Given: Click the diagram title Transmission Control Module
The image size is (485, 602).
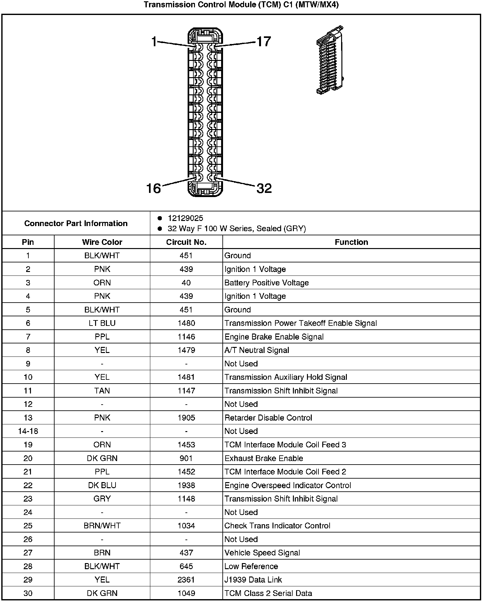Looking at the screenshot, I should tap(241, 5).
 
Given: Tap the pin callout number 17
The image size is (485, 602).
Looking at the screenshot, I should tap(264, 42).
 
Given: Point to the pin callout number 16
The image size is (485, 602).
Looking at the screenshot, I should tap(153, 188).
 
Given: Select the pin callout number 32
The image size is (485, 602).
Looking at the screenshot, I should tap(264, 188).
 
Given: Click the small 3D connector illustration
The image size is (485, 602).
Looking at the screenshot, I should tap(330, 60).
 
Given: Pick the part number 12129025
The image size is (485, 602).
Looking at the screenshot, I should tap(185, 218).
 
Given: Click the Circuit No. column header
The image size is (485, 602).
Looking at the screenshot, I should tap(186, 242).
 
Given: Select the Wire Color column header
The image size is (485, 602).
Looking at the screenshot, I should tap(102, 242).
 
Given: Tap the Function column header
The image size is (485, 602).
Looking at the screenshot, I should tap(351, 242).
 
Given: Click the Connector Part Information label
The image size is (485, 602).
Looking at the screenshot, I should tap(76, 223).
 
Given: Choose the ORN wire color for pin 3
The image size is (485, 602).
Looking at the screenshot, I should tap(102, 283).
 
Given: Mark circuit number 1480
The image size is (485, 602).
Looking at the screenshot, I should tap(186, 323).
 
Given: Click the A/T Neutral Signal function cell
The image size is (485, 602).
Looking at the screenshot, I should tap(257, 350).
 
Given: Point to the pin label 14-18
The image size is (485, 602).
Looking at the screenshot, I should tap(28, 431).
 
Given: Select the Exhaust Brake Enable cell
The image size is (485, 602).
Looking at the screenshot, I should tap(264, 458).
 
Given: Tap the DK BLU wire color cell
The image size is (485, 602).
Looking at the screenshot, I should tap(102, 485).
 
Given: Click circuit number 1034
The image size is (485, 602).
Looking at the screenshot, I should tap(186, 526).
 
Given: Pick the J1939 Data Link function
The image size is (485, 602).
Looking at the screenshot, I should tap(253, 580).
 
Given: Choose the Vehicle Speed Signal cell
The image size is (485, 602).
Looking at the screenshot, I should tap(262, 553).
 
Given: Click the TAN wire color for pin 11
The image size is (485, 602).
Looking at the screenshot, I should tap(102, 391).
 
